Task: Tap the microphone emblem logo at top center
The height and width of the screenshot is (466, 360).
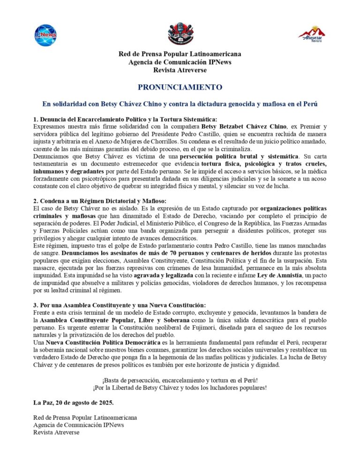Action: (180, 33)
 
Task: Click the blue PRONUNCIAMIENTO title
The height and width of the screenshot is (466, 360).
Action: (180, 87)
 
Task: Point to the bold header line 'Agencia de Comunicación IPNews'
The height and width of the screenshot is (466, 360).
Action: (180, 62)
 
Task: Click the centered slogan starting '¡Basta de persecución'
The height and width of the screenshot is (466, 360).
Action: (180, 380)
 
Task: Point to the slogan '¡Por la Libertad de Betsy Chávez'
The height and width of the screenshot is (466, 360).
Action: (180, 387)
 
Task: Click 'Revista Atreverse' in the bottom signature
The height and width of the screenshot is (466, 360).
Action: (56, 432)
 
